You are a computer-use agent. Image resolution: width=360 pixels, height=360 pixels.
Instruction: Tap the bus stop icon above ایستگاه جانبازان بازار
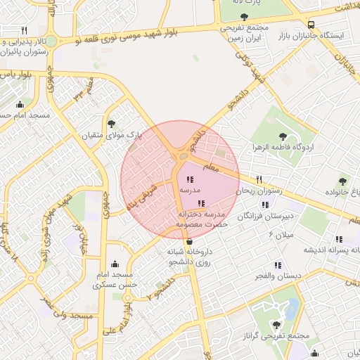coord(311,22)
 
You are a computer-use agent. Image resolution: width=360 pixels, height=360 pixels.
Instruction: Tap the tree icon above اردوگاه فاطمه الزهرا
coord(283,136)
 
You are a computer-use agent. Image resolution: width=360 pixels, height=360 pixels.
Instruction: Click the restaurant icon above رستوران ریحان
coord(259,179)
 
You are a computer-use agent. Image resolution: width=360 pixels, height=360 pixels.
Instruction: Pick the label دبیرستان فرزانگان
coord(268,219)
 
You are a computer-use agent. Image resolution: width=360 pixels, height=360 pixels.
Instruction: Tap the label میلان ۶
coord(279,234)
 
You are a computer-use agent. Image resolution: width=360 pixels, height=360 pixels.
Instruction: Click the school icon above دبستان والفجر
coord(278,264)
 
